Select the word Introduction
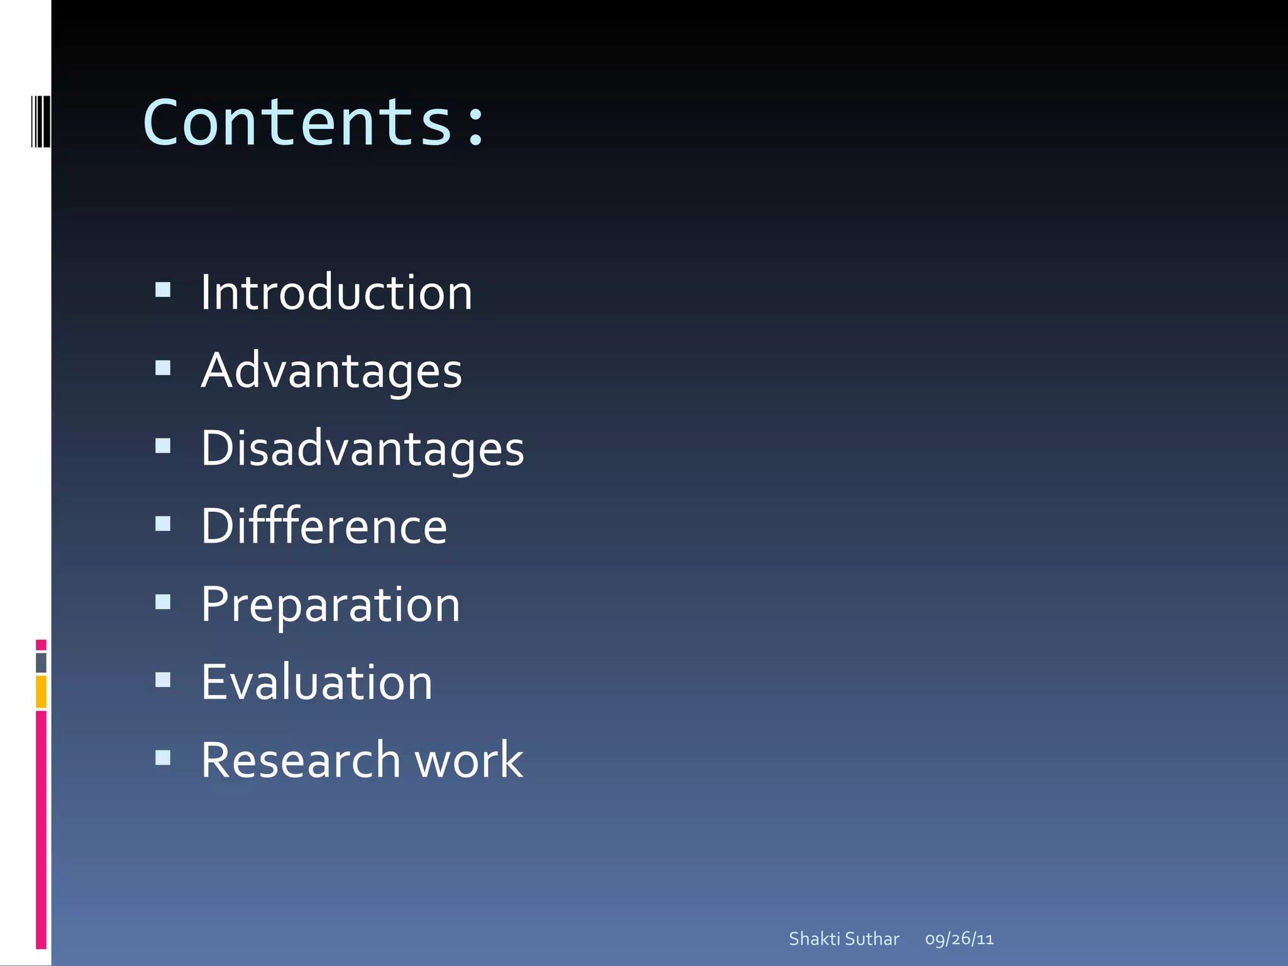tap(336, 293)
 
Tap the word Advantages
tap(331, 371)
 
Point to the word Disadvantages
tap(362, 449)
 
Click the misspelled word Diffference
tap(324, 526)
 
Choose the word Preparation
tap(331, 605)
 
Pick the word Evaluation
tap(317, 682)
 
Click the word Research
tap(301, 760)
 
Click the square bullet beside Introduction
tap(163, 289)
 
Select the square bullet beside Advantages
tap(163, 367)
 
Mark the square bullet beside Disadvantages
tap(163, 445)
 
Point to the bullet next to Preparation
tap(163, 602)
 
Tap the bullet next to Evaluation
tap(163, 679)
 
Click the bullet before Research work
tap(163, 757)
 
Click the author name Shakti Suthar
tap(844, 939)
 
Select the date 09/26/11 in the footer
tap(959, 939)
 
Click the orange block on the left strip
tap(41, 691)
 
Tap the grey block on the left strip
tap(41, 663)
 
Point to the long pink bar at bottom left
tap(41, 829)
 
